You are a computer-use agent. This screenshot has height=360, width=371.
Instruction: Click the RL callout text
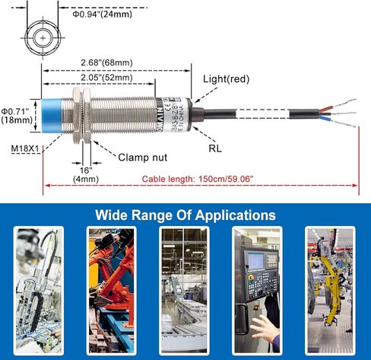coord(215,150)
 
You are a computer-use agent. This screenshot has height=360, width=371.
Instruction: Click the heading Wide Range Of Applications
coord(185,215)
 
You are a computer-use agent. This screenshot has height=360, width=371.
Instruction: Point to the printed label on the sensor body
coord(167,118)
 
